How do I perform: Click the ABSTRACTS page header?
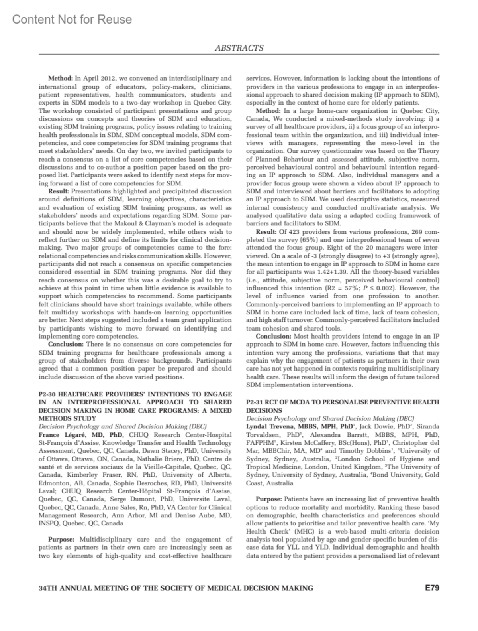click(x=239, y=48)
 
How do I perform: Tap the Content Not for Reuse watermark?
click(x=72, y=19)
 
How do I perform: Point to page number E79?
click(x=432, y=588)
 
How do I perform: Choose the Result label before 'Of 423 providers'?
click(x=266, y=232)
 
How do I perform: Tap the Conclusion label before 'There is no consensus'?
click(x=66, y=344)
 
